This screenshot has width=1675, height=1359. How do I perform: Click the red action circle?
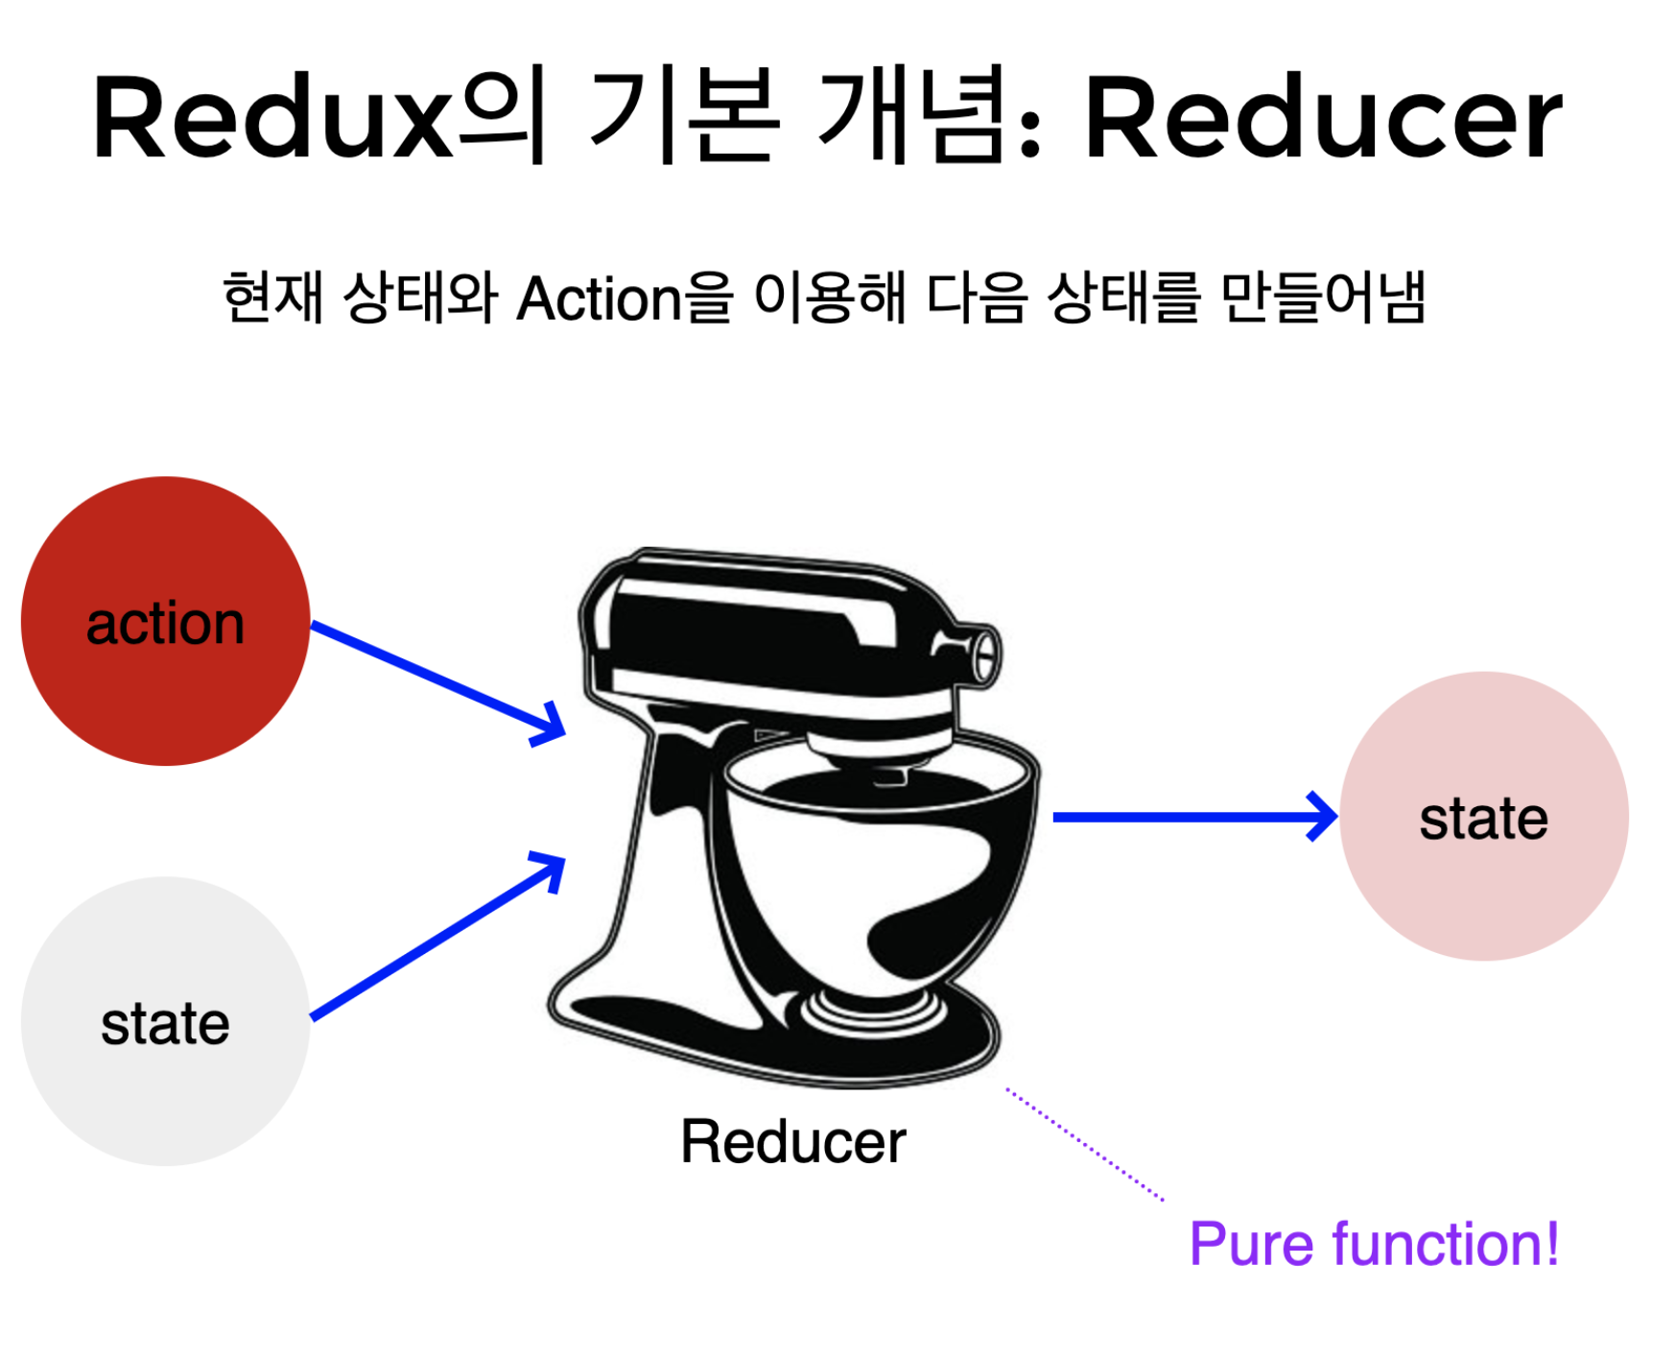point(165,622)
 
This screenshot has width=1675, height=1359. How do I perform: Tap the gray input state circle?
point(165,1021)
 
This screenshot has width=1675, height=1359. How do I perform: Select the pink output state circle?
point(1483,817)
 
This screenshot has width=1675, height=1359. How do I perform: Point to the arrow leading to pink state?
point(1190,817)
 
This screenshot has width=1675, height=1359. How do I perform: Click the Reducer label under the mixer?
point(792,1141)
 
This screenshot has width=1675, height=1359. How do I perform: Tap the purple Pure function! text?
point(1374,1244)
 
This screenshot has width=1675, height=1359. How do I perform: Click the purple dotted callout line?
point(1084,1144)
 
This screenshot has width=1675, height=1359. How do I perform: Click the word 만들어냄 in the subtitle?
point(1324,298)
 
